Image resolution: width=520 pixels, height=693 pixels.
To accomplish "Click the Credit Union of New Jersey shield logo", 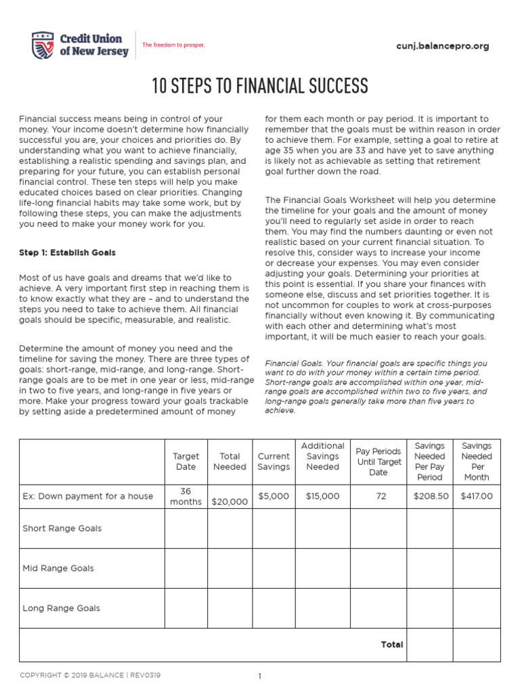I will pyautogui.click(x=43, y=45).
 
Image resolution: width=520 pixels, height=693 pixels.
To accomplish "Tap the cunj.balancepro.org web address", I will pyautogui.click(x=441, y=46).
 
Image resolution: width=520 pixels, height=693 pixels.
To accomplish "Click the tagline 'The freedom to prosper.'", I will pyautogui.click(x=173, y=45).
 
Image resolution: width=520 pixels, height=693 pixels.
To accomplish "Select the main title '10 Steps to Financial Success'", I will pyautogui.click(x=260, y=87).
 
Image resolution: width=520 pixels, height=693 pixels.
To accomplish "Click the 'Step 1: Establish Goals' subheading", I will pyautogui.click(x=67, y=252).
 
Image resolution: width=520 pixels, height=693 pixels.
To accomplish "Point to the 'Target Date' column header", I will pyautogui.click(x=186, y=462).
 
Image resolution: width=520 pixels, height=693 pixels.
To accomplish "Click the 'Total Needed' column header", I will pyautogui.click(x=230, y=462).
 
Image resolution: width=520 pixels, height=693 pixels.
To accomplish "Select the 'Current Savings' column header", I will pyautogui.click(x=274, y=462).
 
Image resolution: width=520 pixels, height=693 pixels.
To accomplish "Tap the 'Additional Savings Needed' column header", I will pyautogui.click(x=322, y=456).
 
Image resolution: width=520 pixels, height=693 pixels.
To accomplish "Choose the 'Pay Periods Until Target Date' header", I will pyautogui.click(x=378, y=462).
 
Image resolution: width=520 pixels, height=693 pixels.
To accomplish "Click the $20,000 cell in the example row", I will pyautogui.click(x=230, y=501).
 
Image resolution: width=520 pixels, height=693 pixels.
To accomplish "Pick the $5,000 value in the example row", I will pyautogui.click(x=274, y=496).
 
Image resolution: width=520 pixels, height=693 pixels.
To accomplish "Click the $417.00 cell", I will pyautogui.click(x=477, y=496).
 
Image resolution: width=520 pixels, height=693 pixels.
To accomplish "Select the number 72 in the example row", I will pyautogui.click(x=381, y=496).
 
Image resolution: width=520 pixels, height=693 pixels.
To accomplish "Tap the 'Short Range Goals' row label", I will pyautogui.click(x=62, y=529).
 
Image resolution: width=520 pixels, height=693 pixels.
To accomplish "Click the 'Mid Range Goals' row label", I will pyautogui.click(x=58, y=568).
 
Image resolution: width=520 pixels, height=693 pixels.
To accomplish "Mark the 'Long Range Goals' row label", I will pyautogui.click(x=62, y=608).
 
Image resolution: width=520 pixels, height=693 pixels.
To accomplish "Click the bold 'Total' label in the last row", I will pyautogui.click(x=391, y=644).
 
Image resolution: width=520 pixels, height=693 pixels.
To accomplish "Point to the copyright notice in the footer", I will pyautogui.click(x=90, y=675).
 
